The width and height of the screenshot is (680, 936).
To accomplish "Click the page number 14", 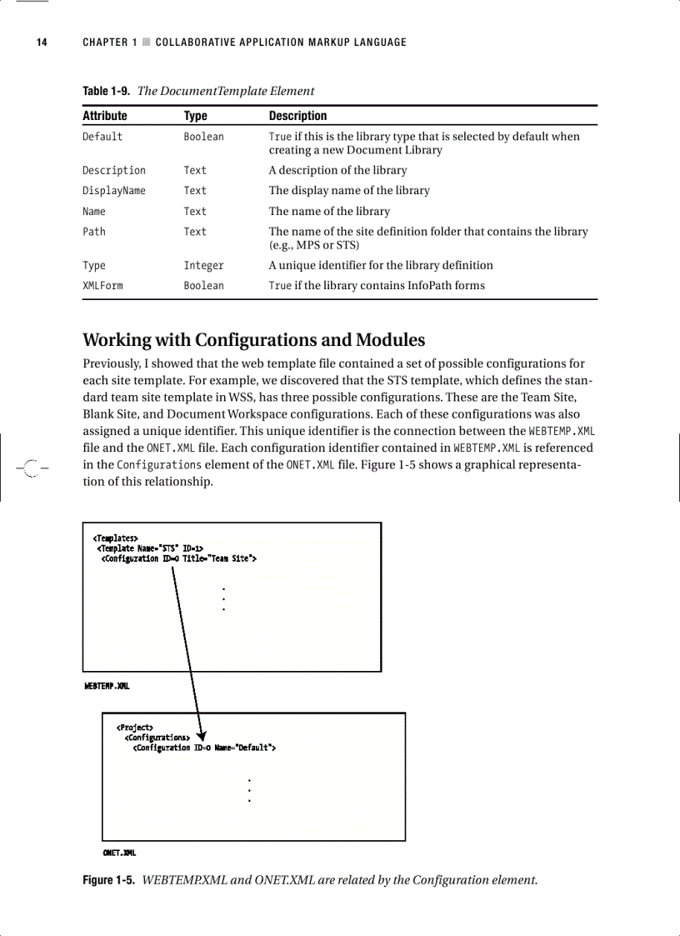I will coord(41,43).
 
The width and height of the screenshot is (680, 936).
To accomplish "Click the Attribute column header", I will coord(104,116).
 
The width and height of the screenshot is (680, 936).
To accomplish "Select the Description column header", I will coord(297,116).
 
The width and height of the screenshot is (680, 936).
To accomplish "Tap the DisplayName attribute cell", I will coord(113,191).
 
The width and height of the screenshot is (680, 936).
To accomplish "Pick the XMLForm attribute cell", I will coord(102,286).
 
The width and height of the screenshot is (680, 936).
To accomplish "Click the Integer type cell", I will coord(203,266).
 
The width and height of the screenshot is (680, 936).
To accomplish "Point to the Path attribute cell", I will coord(94,232).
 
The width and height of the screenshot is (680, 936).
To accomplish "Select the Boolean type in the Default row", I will coord(203,137).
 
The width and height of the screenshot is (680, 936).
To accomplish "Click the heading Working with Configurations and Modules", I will coord(253,340).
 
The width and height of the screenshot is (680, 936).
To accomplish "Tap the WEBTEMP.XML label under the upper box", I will coord(107,686).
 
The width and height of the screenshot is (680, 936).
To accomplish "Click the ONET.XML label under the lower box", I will coord(119,853).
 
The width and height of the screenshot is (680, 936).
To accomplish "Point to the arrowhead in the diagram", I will coord(201,732).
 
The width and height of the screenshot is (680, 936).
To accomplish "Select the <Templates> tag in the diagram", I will coord(115,538).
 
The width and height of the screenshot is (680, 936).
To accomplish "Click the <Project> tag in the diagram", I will coord(134,728).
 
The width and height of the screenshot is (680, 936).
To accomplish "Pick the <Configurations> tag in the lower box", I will coord(157,738).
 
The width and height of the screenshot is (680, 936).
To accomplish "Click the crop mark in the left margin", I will coord(31,468).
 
